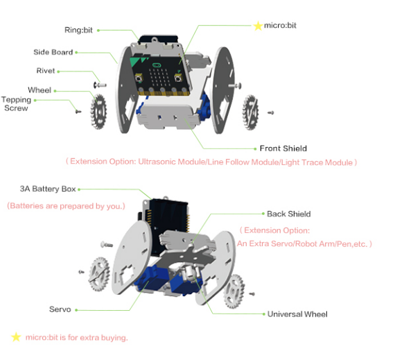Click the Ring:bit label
coord(78,30)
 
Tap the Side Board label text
coord(53,52)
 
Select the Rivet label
coord(46,71)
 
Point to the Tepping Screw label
coord(16,104)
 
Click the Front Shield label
coord(283,148)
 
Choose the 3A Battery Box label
coord(48,189)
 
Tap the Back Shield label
coord(289,214)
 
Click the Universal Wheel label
coord(297,314)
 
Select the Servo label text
coord(60,309)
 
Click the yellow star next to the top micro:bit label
coord(258,26)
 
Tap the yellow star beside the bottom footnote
coord(16,337)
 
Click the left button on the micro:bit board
coord(139,78)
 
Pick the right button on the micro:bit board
coord(178,78)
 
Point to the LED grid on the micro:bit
coord(159,78)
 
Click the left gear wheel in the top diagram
coord(98,112)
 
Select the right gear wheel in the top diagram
coord(250,112)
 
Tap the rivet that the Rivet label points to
coord(100,85)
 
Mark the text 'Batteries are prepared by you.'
coord(66,206)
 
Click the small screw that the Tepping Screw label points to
coord(78,111)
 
